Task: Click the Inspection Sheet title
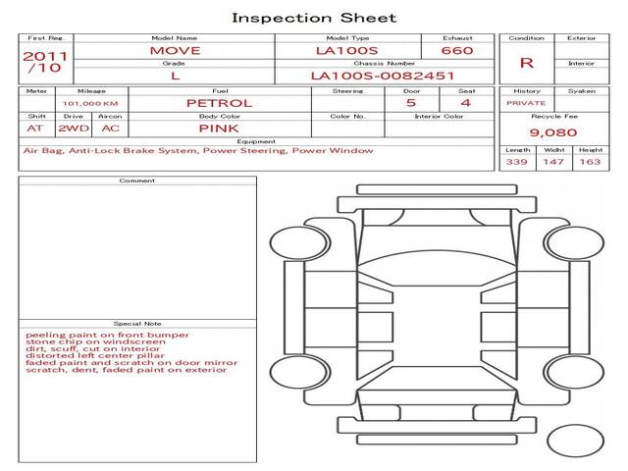tap(314, 18)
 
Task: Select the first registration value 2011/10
tap(45, 62)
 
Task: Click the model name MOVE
tap(175, 50)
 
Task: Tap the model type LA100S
tap(346, 50)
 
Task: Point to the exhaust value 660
tap(457, 50)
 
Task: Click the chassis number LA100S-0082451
tap(383, 76)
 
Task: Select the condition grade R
tap(527, 63)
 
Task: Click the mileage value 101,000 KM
tap(90, 104)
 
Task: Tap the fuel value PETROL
tap(220, 103)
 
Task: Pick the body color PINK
tap(219, 129)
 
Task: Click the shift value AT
tap(35, 129)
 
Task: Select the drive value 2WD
tap(74, 129)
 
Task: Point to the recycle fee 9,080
tap(553, 132)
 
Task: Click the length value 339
tap(517, 162)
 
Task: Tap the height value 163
tap(591, 162)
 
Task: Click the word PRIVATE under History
tap(526, 103)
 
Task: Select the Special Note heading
tap(137, 324)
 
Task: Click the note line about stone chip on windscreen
tap(95, 342)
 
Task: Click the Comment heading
tap(137, 181)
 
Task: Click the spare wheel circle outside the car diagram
tap(576, 441)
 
